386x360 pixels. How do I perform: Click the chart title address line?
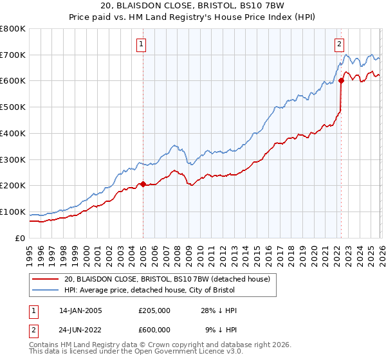point(192,6)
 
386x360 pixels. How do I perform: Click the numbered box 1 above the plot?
point(141,44)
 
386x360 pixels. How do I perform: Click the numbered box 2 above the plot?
point(339,44)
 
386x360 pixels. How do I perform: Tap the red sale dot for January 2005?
point(143,184)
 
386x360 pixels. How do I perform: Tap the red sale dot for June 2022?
point(341,81)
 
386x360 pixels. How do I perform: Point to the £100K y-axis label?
point(13,212)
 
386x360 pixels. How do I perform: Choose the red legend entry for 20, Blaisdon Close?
point(170,279)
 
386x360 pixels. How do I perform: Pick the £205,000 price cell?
point(154,310)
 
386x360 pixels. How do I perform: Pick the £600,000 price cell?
point(154,329)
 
